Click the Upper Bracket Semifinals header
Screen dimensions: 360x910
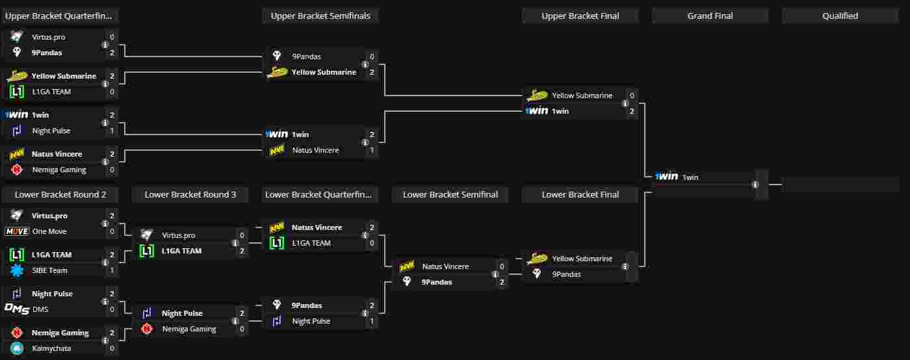pos(320,16)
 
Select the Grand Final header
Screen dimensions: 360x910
pos(710,16)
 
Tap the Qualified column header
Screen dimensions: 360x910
pos(840,16)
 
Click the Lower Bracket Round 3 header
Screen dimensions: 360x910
pos(190,194)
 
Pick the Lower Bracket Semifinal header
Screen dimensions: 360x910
pos(450,194)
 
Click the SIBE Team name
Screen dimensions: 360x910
pos(49,270)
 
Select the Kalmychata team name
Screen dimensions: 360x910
pos(51,348)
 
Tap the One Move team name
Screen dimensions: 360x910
pos(49,231)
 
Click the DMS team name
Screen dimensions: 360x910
pos(40,309)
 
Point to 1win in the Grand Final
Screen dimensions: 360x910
pos(690,177)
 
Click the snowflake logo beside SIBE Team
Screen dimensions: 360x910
pos(17,270)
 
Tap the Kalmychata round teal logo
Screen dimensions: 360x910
pos(17,348)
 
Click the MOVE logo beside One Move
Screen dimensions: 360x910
pos(17,231)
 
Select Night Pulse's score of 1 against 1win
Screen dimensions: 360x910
pos(112,131)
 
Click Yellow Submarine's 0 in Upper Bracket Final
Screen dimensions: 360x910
pos(632,96)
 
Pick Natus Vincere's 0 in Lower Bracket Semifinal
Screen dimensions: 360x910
pos(502,266)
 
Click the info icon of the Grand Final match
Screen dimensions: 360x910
pos(755,185)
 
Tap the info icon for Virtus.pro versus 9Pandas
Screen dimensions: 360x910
pos(105,45)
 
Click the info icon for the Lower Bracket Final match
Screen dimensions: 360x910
pos(625,266)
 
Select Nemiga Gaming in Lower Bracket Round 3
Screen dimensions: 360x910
pos(189,329)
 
